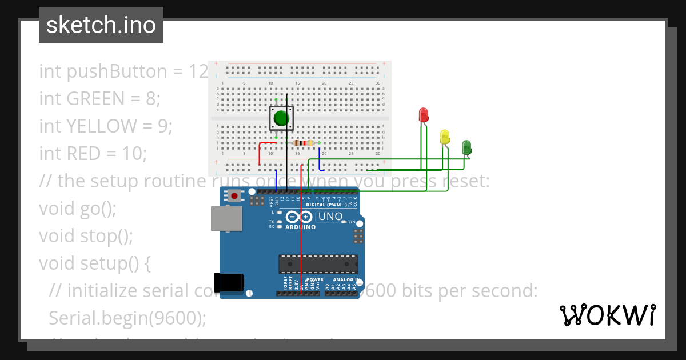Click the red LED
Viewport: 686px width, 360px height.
[x=424, y=115]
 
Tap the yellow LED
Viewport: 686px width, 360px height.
[x=445, y=137]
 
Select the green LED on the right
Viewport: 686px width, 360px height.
[x=466, y=147]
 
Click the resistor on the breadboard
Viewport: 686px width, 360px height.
[x=303, y=143]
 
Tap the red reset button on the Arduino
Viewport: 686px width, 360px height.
[x=234, y=197]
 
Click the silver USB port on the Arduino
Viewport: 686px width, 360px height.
[x=226, y=218]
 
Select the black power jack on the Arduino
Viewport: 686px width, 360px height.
[x=228, y=283]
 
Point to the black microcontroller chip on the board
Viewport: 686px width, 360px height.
[x=318, y=265]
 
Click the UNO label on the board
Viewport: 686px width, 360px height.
[x=330, y=217]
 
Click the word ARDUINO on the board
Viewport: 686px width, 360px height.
[x=300, y=227]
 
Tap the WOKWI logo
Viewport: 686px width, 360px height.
[x=607, y=315]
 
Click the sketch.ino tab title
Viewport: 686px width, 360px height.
[x=101, y=25]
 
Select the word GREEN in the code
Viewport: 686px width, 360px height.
[x=94, y=99]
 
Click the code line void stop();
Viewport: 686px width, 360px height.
[x=86, y=235]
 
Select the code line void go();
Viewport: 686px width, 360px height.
[x=78, y=208]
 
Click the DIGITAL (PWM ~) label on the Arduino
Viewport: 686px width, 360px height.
[x=324, y=205]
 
